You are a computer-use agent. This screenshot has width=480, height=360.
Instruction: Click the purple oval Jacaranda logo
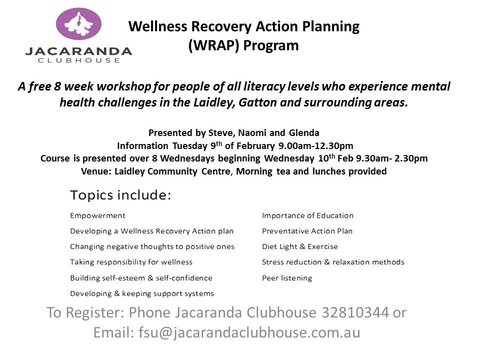pyautogui.click(x=78, y=24)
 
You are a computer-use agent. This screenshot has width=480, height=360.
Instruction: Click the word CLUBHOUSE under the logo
pyautogui.click(x=78, y=60)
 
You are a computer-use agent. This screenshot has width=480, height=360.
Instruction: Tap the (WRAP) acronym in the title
pyautogui.click(x=213, y=45)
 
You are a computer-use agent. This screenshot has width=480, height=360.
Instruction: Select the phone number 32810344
pyautogui.click(x=355, y=312)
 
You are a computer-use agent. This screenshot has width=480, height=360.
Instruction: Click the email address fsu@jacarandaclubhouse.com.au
pyautogui.click(x=249, y=332)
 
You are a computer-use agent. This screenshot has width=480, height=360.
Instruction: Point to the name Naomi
pyautogui.click(x=252, y=133)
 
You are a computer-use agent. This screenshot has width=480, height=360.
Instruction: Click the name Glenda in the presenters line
pyautogui.click(x=304, y=133)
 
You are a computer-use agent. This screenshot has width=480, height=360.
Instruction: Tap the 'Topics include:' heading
pyautogui.click(x=120, y=195)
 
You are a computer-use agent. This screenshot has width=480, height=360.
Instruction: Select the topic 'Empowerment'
pyautogui.click(x=97, y=216)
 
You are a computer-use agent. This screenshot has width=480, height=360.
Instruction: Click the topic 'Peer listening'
pyautogui.click(x=287, y=278)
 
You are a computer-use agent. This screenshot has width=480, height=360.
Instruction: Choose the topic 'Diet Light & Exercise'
pyautogui.click(x=300, y=246)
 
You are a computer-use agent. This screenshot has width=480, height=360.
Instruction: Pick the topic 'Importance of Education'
pyautogui.click(x=307, y=215)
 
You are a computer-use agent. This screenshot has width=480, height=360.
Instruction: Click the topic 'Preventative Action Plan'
pyautogui.click(x=307, y=231)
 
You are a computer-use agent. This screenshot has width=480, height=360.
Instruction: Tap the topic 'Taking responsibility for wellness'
pyautogui.click(x=131, y=262)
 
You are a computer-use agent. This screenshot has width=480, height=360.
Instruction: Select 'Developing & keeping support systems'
pyautogui.click(x=142, y=293)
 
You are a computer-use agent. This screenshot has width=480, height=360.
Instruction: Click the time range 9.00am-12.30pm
pyautogui.click(x=316, y=146)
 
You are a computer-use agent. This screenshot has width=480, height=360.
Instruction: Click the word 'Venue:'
pyautogui.click(x=96, y=171)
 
